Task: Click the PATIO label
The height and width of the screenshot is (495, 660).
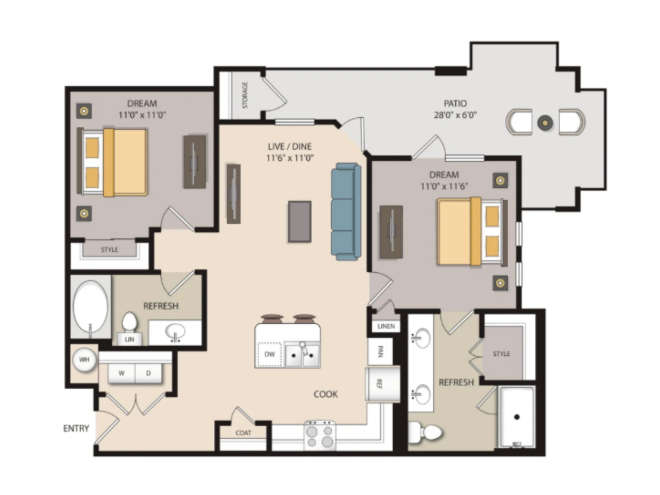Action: [455, 103]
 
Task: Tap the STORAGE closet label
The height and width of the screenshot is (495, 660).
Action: [245, 95]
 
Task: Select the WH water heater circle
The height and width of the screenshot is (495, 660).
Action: [84, 360]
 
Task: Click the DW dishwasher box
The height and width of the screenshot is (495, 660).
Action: [270, 354]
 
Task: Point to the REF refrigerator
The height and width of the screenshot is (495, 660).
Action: [382, 383]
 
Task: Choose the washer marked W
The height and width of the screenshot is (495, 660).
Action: [122, 373]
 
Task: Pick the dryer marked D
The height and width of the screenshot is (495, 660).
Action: [148, 373]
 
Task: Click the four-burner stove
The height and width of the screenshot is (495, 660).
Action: [320, 435]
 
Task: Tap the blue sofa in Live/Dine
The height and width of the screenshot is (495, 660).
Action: [346, 211]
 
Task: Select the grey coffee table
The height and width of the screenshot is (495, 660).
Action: [300, 221]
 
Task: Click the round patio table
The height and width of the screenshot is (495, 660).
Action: [545, 122]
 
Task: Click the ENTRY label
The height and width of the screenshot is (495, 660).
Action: [76, 428]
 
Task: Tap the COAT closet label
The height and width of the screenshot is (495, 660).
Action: [243, 432]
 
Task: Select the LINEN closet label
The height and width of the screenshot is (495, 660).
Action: [386, 326]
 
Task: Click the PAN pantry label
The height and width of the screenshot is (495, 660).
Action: [380, 351]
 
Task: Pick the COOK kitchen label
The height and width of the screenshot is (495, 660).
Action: [326, 394]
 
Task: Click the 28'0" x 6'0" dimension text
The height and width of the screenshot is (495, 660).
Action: [455, 114]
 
